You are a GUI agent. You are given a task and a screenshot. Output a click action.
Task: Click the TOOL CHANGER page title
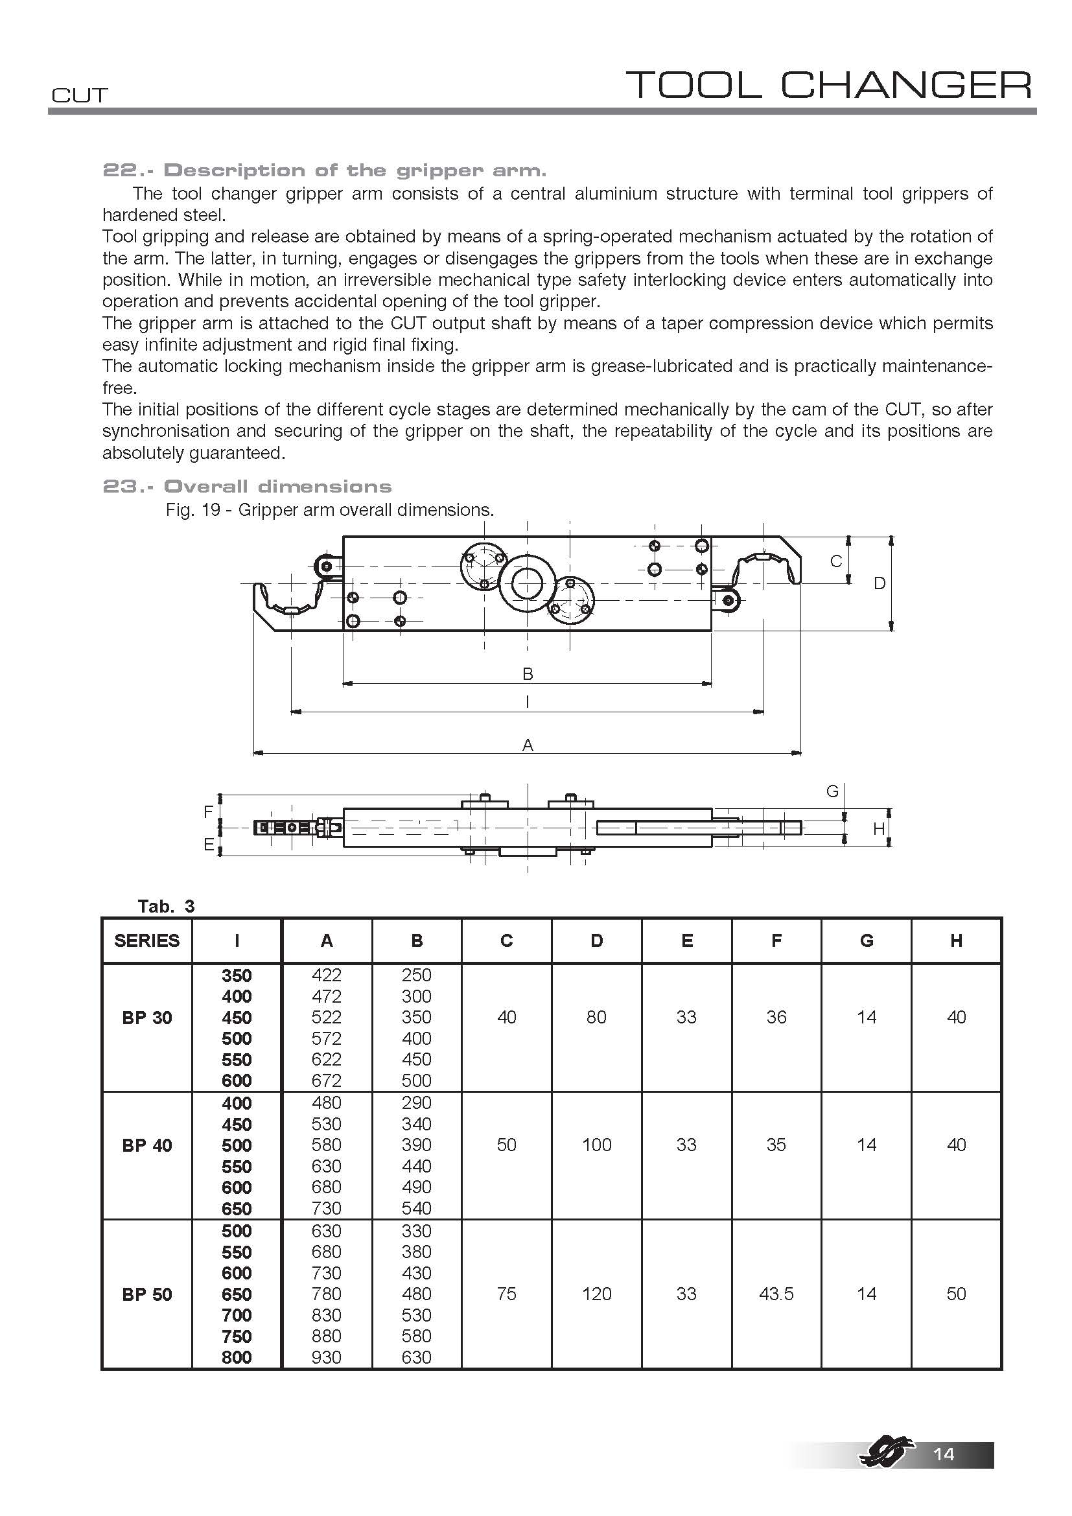coord(828,85)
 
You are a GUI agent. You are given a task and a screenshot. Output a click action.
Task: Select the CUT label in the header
coord(79,96)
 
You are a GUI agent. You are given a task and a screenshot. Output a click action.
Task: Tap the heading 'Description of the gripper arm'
coord(324,170)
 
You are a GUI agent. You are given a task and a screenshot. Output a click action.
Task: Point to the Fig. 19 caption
coord(329,509)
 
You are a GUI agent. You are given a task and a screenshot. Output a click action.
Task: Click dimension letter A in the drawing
coord(528,745)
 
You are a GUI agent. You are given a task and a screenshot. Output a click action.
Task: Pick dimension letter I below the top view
coord(528,702)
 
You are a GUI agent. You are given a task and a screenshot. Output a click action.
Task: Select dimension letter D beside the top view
coord(880,584)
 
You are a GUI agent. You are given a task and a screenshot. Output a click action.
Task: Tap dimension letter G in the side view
coord(832,791)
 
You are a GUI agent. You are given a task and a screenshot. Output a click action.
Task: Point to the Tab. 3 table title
coord(166,906)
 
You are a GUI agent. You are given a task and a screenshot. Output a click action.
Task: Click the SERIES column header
coord(146,940)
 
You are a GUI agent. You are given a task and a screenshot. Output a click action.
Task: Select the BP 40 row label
coord(146,1145)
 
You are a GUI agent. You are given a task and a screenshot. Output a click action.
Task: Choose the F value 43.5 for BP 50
coord(776,1294)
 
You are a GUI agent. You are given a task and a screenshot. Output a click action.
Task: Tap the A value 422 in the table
coord(327,975)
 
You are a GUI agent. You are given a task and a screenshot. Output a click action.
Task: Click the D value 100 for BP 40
coord(597,1145)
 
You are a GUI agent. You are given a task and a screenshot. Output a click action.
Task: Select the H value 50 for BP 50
coord(956,1294)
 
